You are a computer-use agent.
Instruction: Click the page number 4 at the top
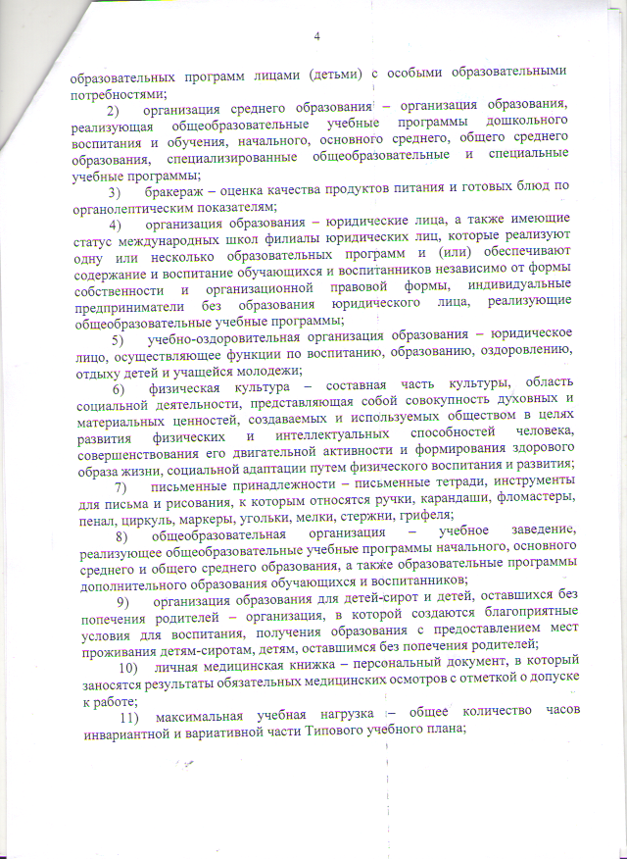tap(316, 36)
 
